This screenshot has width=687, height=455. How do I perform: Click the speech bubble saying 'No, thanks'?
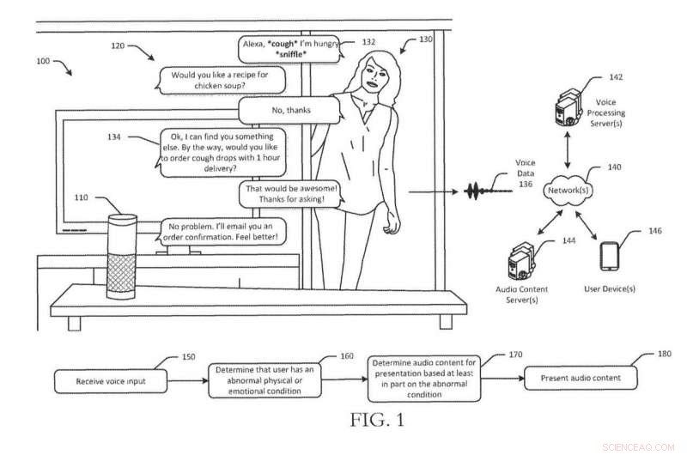280,110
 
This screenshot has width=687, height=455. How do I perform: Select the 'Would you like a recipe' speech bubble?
220,80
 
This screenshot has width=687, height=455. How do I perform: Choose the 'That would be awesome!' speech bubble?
286,193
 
